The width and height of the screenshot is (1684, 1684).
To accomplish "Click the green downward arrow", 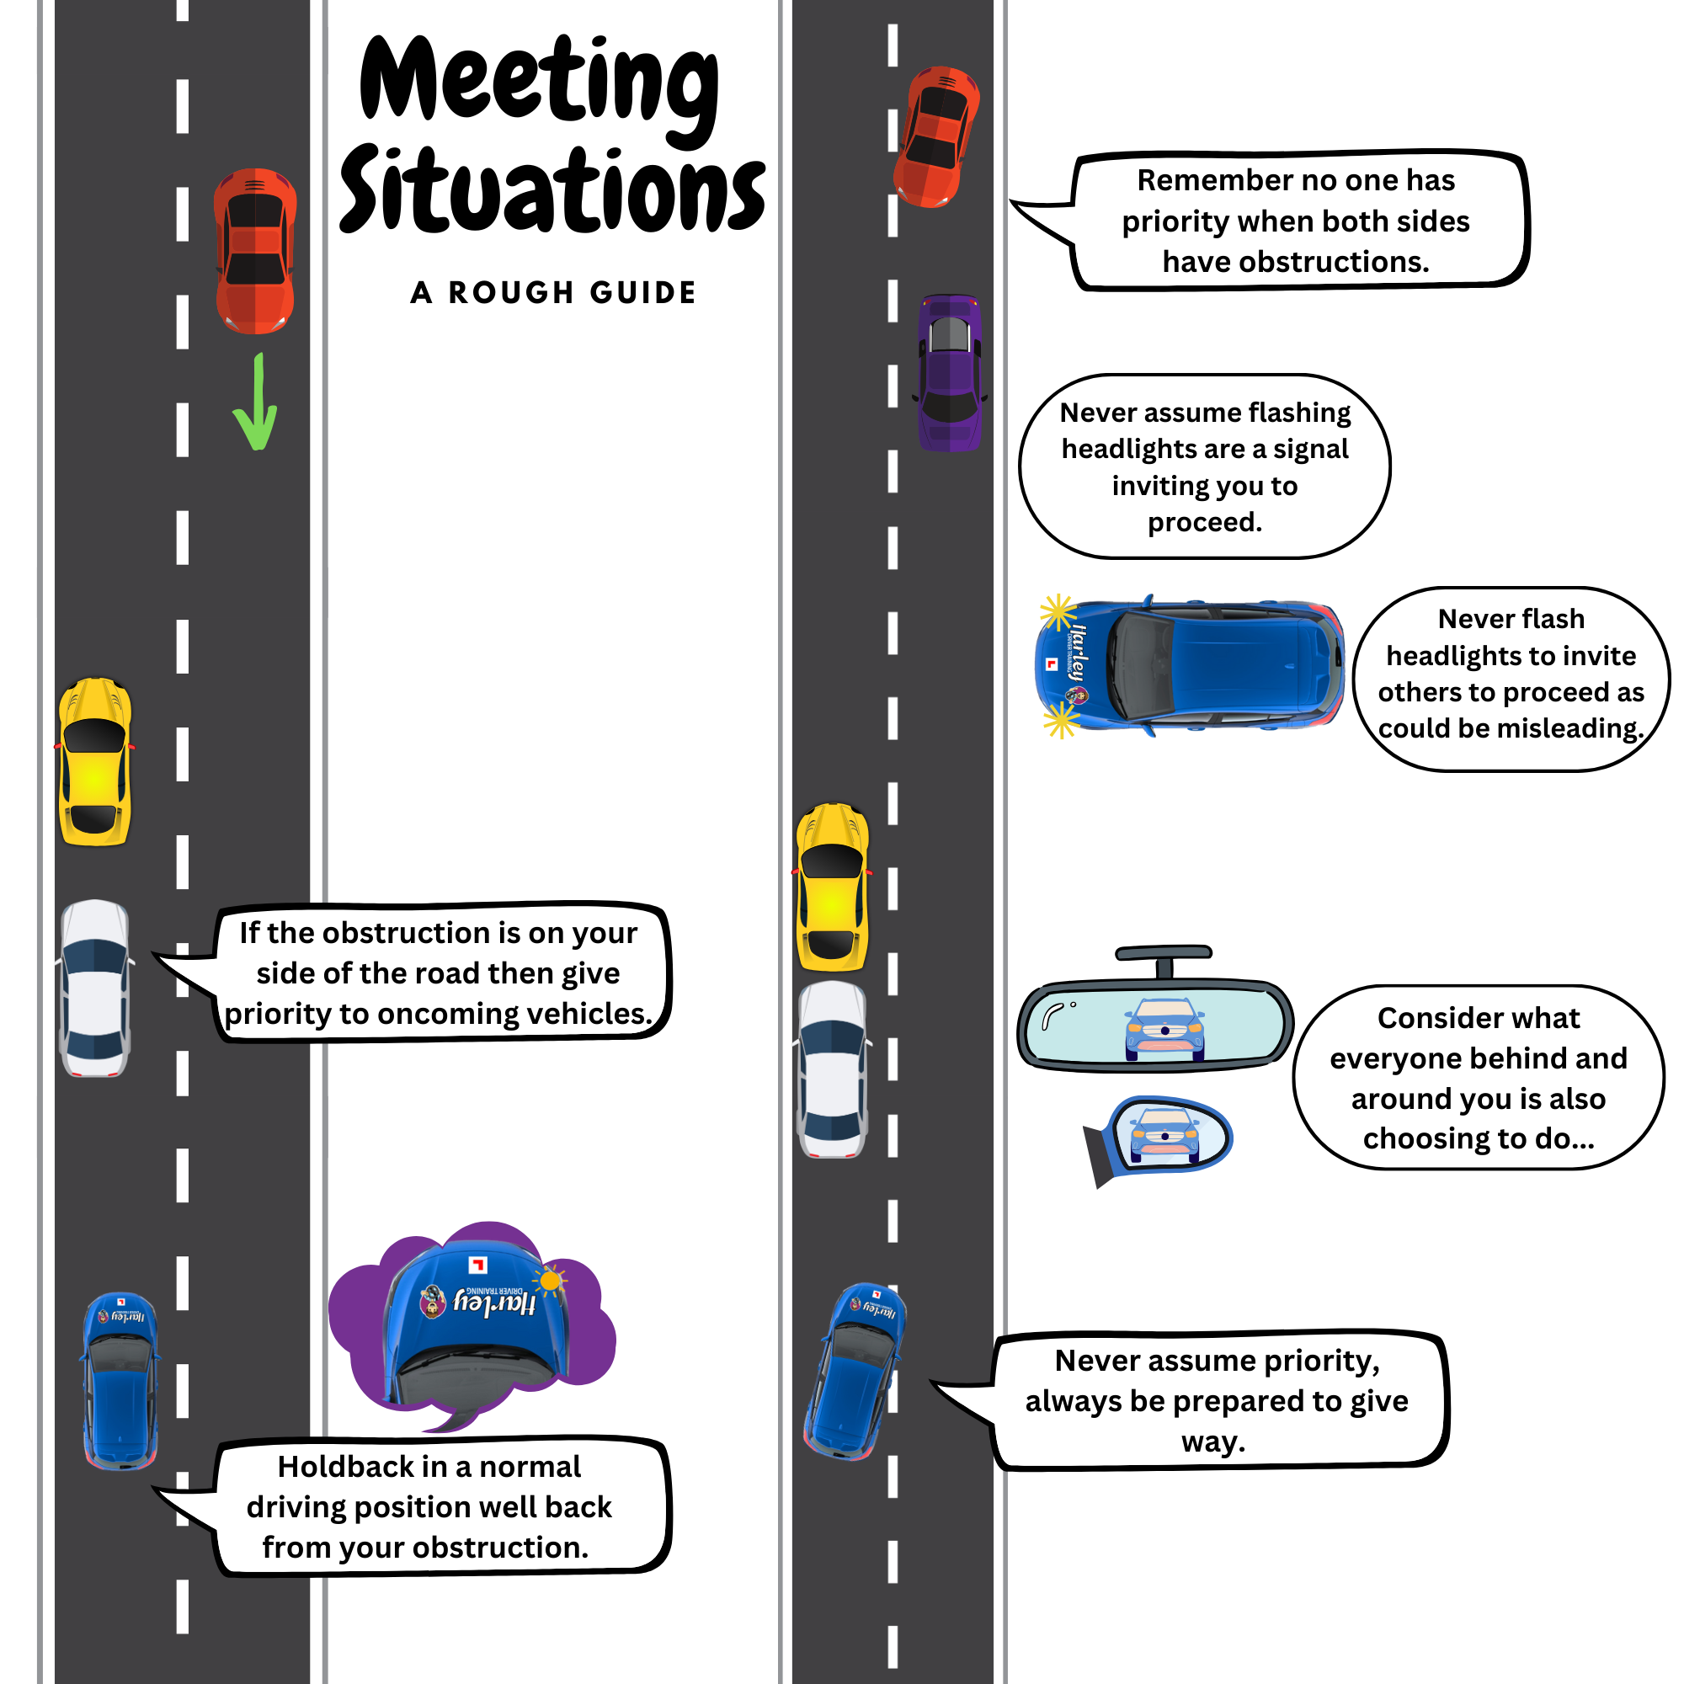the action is [x=256, y=402].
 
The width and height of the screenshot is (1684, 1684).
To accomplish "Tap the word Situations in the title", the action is [x=552, y=189].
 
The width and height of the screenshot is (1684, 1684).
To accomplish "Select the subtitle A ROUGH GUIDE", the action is [x=553, y=293].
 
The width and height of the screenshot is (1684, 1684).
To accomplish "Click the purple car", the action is [x=949, y=373].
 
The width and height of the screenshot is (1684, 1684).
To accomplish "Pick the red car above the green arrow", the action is [x=255, y=251].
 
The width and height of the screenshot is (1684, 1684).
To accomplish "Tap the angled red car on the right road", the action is [x=936, y=137].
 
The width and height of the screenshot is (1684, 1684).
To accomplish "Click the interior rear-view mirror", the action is [x=1156, y=1015].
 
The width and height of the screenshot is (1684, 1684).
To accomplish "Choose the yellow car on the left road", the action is [x=95, y=762].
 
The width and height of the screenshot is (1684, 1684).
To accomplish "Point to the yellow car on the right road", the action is [x=833, y=887].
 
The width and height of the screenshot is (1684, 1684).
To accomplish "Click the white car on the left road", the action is [x=95, y=989].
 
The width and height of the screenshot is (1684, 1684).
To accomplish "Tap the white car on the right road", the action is [x=833, y=1069].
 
